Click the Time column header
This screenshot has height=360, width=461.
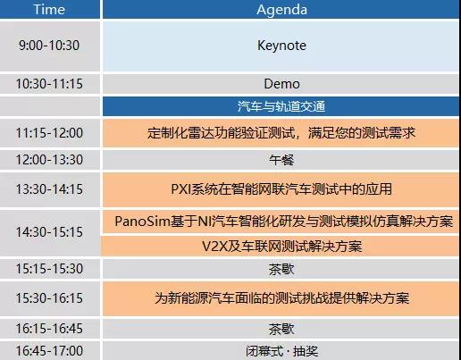pos(49,9)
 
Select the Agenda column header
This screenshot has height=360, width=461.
pos(281,10)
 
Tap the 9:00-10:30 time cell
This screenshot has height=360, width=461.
pos(49,46)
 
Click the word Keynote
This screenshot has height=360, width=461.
pos(281,46)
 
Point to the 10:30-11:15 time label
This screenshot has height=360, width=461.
pos(49,84)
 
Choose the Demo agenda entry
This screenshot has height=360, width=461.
pos(281,84)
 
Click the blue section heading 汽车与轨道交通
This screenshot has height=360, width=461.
pos(281,106)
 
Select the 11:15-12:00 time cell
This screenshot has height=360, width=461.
pos(49,133)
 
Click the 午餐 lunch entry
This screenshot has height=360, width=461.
pos(281,160)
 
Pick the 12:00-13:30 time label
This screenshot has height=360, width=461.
pos(49,160)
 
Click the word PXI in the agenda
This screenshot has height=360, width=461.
pos(180,189)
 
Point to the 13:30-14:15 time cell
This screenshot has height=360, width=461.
pos(49,189)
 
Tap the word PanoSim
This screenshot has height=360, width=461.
pos(142,222)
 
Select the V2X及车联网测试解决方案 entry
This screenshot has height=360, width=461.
pos(281,247)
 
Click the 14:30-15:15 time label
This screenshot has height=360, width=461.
pos(49,232)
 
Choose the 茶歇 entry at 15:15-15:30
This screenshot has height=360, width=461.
pos(281,269)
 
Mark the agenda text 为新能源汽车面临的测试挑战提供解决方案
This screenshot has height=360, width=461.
pos(281,298)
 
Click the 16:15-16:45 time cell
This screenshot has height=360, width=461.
pos(49,329)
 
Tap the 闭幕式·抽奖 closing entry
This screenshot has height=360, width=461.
pos(281,351)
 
